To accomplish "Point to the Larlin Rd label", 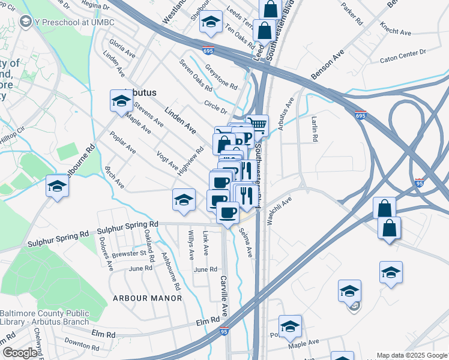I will (314, 129).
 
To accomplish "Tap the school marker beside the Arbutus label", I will (121, 101).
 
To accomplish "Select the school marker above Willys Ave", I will (184, 200).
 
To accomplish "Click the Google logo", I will (20, 353).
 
